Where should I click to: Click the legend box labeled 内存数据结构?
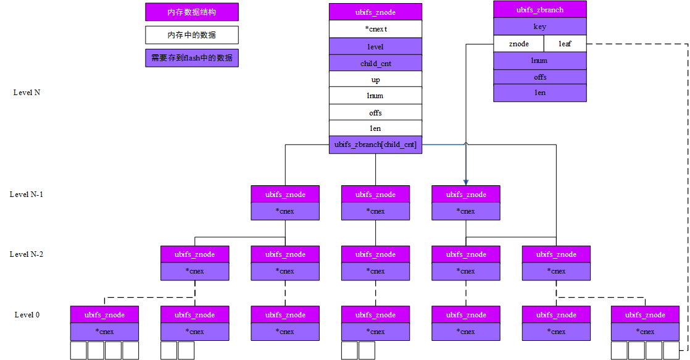[192, 12]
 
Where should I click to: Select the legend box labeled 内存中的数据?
[192, 35]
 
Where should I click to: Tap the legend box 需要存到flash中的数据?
[192, 58]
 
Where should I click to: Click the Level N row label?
[27, 93]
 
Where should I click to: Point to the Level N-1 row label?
[27, 195]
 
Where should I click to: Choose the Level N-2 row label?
[27, 254]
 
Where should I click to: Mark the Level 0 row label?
[27, 315]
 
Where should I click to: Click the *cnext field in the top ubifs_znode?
[375, 29]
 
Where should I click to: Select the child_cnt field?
[375, 63]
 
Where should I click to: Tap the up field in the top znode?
[375, 80]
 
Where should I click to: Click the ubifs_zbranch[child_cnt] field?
[375, 144]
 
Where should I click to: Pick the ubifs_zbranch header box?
[539, 10]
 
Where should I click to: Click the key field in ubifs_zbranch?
[539, 27]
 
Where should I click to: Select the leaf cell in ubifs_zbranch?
[565, 44]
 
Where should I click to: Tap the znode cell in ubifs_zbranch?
[518, 44]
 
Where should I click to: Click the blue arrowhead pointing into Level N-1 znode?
[466, 182]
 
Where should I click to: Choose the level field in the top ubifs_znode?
[375, 46]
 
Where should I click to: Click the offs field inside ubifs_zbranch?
[539, 77]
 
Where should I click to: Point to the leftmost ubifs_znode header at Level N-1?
[285, 195]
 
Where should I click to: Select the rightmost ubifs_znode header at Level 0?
[645, 315]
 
